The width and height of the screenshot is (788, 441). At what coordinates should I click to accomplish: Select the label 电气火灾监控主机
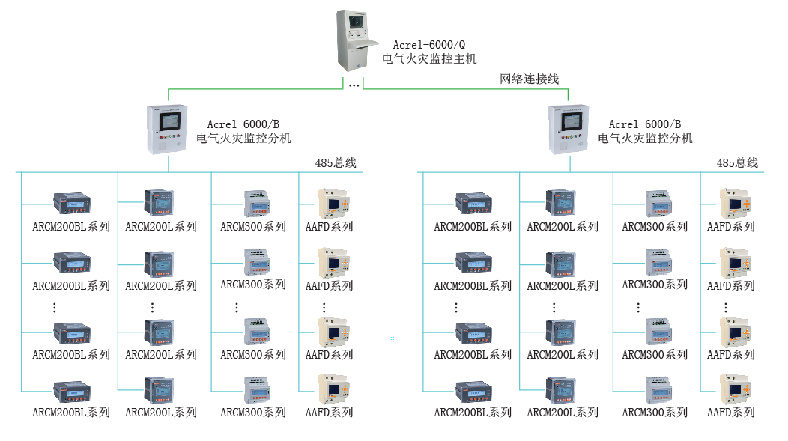(429, 58)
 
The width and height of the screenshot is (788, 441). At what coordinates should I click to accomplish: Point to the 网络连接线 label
(530, 79)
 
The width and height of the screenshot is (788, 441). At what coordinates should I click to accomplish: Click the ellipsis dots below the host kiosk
(354, 85)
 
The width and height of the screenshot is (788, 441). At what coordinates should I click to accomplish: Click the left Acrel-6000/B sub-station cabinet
(167, 129)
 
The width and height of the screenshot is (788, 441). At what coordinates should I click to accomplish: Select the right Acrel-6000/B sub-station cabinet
(569, 129)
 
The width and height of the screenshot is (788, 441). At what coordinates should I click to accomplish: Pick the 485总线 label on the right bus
(737, 162)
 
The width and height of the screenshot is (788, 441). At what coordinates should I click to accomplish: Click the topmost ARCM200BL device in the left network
(71, 203)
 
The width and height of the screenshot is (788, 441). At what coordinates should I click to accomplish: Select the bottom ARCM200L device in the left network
(159, 390)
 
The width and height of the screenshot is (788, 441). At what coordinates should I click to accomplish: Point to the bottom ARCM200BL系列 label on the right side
(473, 412)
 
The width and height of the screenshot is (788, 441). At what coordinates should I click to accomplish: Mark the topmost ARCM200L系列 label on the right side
(563, 226)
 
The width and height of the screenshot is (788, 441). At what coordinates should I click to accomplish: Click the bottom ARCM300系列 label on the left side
(253, 412)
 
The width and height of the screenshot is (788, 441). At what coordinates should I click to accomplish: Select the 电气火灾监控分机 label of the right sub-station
(645, 138)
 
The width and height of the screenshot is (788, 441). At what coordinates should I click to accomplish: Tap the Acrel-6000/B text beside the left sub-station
(243, 124)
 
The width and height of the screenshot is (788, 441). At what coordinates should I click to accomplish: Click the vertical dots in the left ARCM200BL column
(55, 307)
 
